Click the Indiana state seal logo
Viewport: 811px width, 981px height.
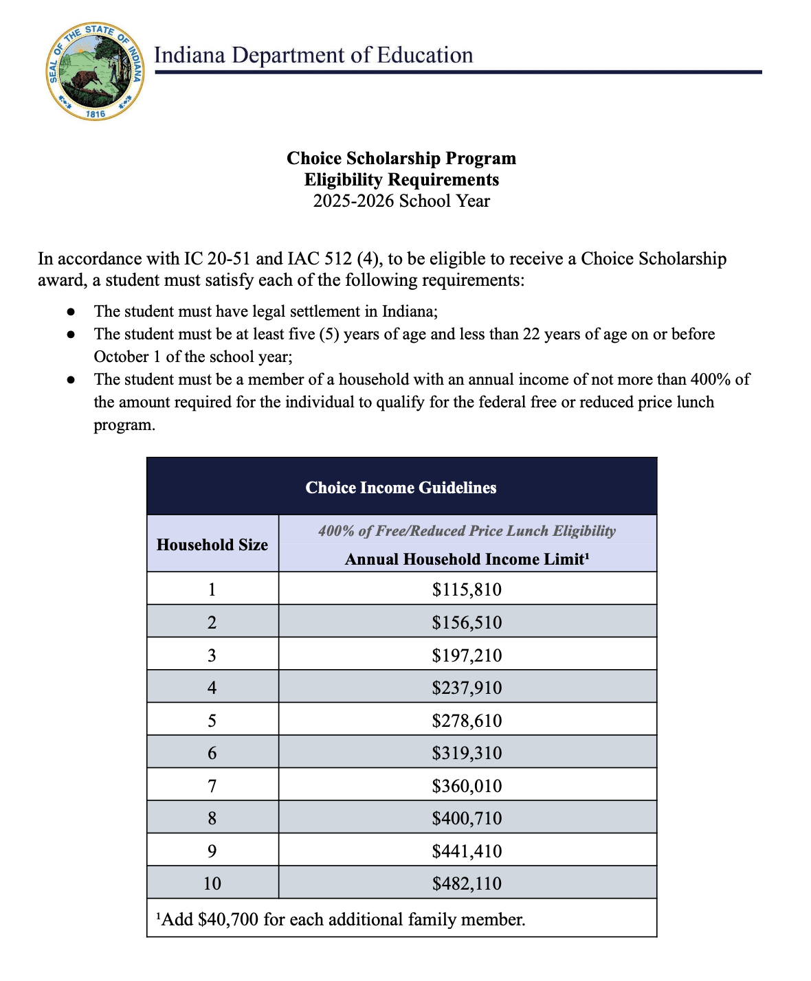[x=96, y=71]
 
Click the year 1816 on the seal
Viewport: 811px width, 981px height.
[x=96, y=113]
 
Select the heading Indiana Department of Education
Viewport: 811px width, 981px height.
[x=313, y=55]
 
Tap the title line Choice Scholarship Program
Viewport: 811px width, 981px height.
[x=401, y=159]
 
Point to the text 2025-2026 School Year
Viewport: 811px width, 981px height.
[x=401, y=201]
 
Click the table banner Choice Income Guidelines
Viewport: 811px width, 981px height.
[x=401, y=488]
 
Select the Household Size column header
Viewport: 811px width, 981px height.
[x=212, y=545]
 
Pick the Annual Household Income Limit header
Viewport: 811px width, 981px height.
[x=467, y=559]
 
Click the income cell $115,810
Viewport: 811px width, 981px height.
[x=467, y=589]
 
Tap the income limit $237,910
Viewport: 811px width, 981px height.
[x=467, y=688]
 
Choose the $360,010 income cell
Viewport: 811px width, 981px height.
[x=467, y=786]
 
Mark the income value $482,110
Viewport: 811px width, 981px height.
[x=467, y=883]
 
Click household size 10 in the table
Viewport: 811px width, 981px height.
[x=212, y=883]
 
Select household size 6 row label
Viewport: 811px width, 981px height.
[x=212, y=753]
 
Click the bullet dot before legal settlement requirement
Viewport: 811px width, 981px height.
[x=71, y=312]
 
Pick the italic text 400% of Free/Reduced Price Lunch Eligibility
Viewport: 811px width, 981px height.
[x=467, y=531]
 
